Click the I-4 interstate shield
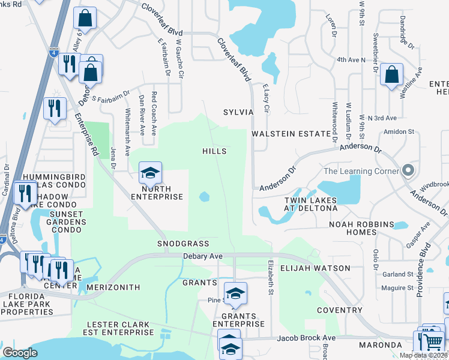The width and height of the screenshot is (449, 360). pos(54,52)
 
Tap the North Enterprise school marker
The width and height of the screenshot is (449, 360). pos(150,173)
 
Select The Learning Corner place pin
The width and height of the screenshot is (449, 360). pos(408,171)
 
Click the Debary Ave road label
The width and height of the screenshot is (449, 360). pos(202,256)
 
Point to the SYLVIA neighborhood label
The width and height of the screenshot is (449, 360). pos(238,112)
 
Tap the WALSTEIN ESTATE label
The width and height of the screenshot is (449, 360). pos(292,134)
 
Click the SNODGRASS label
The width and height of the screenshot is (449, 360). pos(183,244)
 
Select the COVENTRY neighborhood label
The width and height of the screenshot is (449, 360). pos(339,310)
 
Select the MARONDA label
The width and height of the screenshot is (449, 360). pos(380,345)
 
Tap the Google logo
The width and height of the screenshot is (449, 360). pos(20,352)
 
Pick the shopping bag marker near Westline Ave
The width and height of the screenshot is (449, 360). pos(391,76)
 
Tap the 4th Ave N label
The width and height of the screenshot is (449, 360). pos(351,60)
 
